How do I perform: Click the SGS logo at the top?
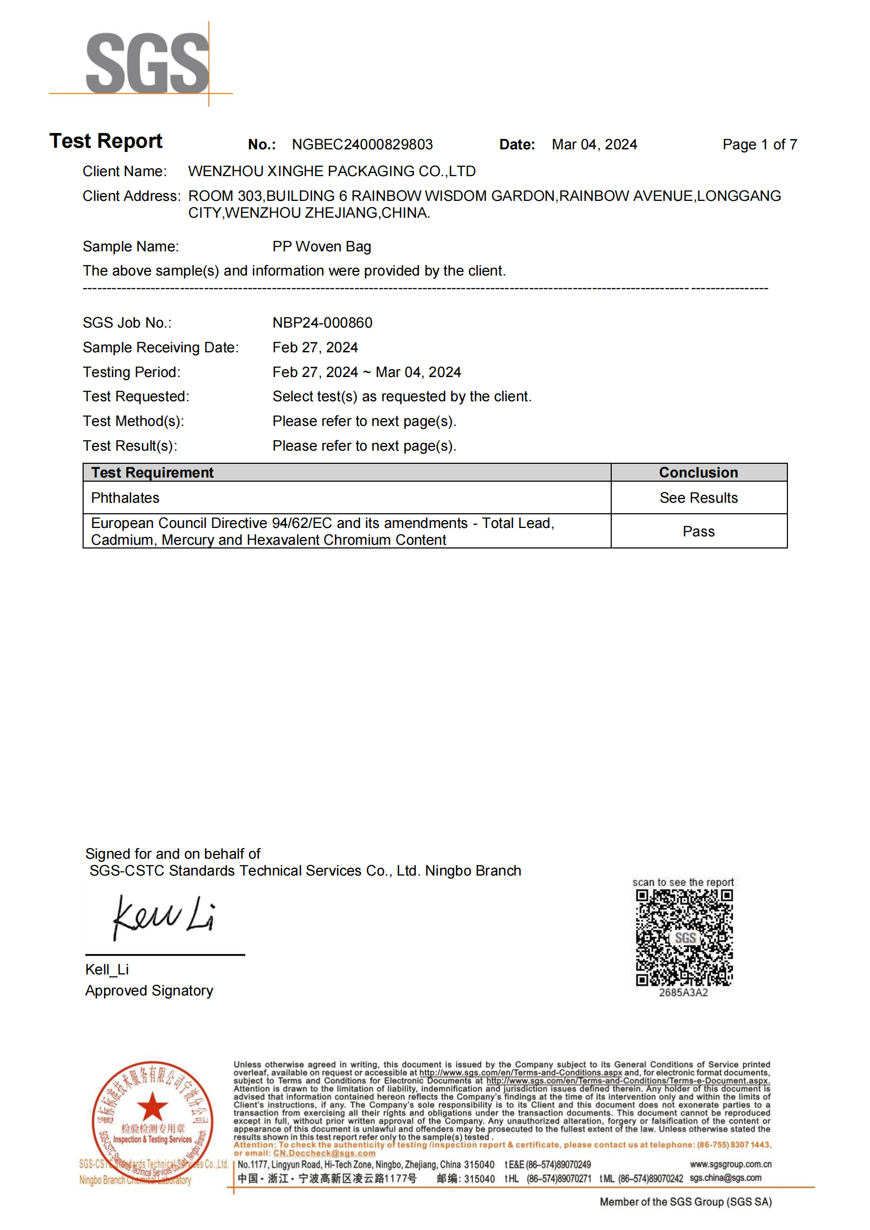147,63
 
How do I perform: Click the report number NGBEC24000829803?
362,145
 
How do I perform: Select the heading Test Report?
106,141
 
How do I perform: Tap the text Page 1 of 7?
759,145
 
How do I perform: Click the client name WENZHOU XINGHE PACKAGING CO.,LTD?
331,171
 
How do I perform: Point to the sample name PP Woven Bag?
321,247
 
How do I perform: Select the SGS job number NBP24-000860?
322,322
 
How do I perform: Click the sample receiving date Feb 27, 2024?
315,347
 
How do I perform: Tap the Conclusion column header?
698,473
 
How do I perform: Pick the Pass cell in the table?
698,532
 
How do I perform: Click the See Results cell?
698,497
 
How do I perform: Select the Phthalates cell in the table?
125,497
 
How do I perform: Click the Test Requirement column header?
152,473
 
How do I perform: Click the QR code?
684,938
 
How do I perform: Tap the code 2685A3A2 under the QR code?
683,993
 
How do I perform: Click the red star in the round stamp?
152,1106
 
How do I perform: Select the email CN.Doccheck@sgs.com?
324,1153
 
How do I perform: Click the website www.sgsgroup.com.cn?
730,1164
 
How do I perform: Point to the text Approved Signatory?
149,991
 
